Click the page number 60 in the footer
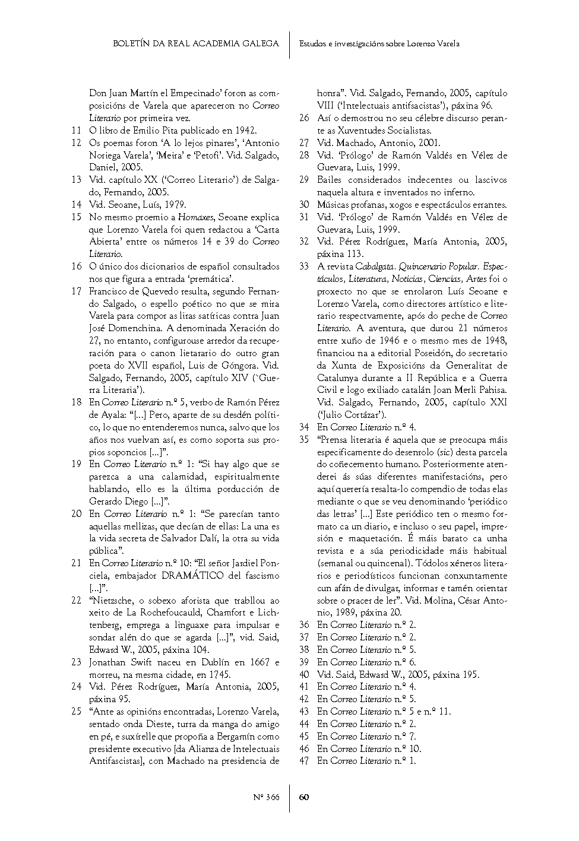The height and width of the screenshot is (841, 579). click(x=303, y=797)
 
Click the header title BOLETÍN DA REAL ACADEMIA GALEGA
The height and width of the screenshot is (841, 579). click(x=196, y=43)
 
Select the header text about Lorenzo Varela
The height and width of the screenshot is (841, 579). click(x=379, y=43)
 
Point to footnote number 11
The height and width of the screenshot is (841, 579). click(x=76, y=131)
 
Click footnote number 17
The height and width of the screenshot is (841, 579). click(x=76, y=291)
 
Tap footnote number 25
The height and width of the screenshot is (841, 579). click(x=76, y=711)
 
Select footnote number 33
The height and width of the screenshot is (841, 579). click(x=304, y=266)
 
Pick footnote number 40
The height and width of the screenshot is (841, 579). click(x=304, y=674)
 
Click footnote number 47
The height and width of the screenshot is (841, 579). click(x=304, y=760)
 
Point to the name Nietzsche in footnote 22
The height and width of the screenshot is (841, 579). click(x=113, y=600)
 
